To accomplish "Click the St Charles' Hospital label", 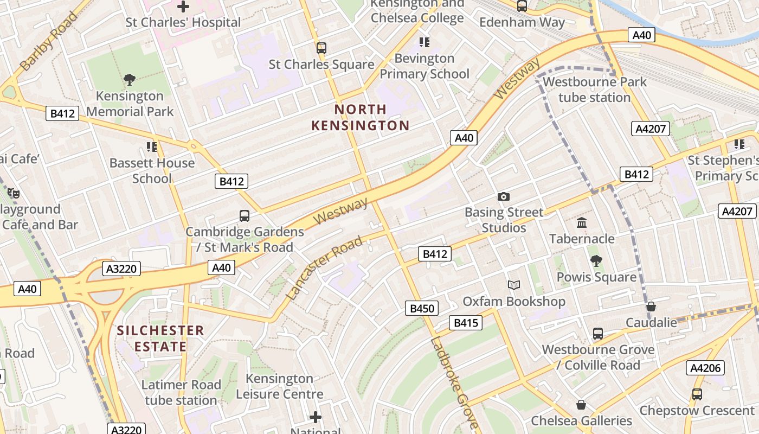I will (x=183, y=22).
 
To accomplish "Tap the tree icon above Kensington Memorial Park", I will (x=130, y=80).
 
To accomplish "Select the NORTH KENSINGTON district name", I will (x=360, y=118).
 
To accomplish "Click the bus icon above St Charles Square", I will (x=321, y=48).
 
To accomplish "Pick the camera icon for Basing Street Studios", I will (x=504, y=196).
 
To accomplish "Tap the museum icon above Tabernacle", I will (x=582, y=222).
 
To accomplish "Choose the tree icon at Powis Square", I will (x=596, y=261).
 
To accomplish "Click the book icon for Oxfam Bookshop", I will (x=513, y=285).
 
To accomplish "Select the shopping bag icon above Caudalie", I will (x=651, y=307).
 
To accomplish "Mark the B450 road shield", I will (x=422, y=309).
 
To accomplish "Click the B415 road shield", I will (x=465, y=323).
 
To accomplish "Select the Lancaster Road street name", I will (x=324, y=269).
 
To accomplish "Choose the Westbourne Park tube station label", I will (x=595, y=90).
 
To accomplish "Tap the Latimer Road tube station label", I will (x=181, y=393).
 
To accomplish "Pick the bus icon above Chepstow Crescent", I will (x=697, y=394).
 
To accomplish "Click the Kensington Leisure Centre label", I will (x=280, y=386).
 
